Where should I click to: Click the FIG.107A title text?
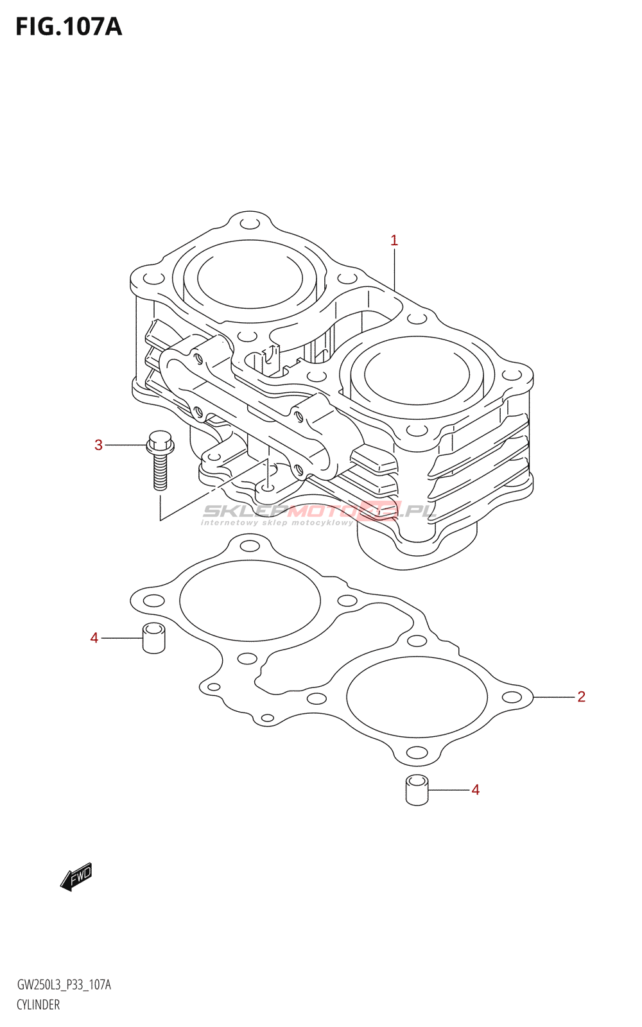point(69,27)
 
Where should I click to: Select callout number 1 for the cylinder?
point(394,241)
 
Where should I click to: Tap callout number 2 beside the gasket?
point(581,696)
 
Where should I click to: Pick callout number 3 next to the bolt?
point(98,445)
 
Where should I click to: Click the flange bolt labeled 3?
point(160,459)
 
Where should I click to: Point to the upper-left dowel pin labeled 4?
point(153,637)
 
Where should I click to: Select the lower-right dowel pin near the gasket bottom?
point(417,790)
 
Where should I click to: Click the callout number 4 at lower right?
point(475,790)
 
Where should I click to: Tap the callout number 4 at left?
point(94,638)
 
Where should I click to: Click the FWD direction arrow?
point(76,876)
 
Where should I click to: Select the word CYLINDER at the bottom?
point(39,1005)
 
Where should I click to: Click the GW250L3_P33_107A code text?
point(64,985)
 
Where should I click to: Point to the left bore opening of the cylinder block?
point(250,280)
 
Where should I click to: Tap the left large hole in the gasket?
point(250,601)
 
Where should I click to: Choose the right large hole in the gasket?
point(417,697)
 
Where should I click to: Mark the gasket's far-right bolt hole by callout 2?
point(512,698)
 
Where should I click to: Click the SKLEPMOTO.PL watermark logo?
point(319,512)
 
